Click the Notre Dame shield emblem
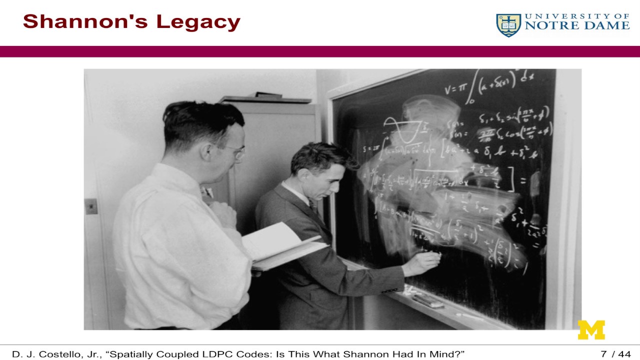(508, 25)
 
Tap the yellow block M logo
(591, 330)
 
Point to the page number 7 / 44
(615, 354)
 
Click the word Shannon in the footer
(368, 354)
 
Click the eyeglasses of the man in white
(234, 150)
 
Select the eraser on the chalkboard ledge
(427, 300)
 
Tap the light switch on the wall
(90, 206)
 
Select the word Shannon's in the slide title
(85, 22)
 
